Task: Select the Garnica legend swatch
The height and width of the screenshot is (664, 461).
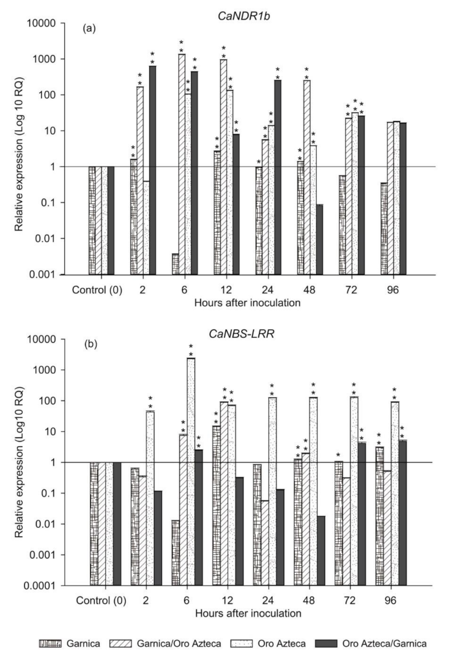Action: (x=50, y=644)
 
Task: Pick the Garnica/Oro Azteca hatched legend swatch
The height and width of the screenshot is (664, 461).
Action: (x=120, y=644)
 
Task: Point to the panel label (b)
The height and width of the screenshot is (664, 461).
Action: (x=90, y=344)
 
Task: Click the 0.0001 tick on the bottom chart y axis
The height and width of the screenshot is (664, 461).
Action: (x=40, y=586)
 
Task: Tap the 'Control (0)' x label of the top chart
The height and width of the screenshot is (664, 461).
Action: (x=97, y=290)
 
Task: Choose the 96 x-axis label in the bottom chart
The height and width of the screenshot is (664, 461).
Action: (x=390, y=601)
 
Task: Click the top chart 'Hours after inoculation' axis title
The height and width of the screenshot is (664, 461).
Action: (x=247, y=303)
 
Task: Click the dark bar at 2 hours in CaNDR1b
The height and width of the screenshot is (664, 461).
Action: (x=153, y=170)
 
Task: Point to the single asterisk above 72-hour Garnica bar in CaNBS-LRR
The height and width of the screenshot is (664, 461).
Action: (x=338, y=455)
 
